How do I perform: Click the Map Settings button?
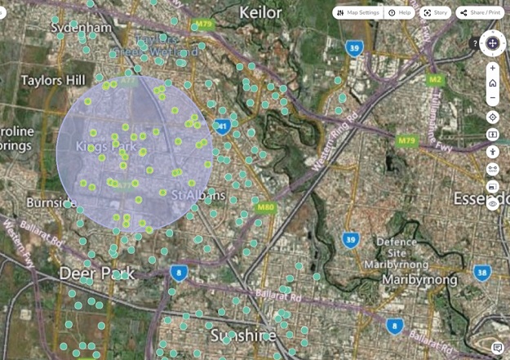pos(357,13)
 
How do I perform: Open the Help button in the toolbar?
pos(400,13)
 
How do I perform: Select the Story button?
pos(435,13)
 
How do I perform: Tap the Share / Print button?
pos(480,13)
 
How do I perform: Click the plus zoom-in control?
pos(493,68)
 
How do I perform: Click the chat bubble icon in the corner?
pos(498,349)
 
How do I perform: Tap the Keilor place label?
pos(260,12)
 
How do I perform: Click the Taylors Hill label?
pos(53,80)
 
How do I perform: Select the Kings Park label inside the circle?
pos(106,146)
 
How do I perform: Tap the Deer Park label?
pos(96,273)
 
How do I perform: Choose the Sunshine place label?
pos(242,336)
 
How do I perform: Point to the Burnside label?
pos(51,202)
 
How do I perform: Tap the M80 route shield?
pos(264,207)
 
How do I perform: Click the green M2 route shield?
pos(435,80)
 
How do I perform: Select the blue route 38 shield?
pos(482,273)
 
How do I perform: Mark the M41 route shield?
pos(221,127)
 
